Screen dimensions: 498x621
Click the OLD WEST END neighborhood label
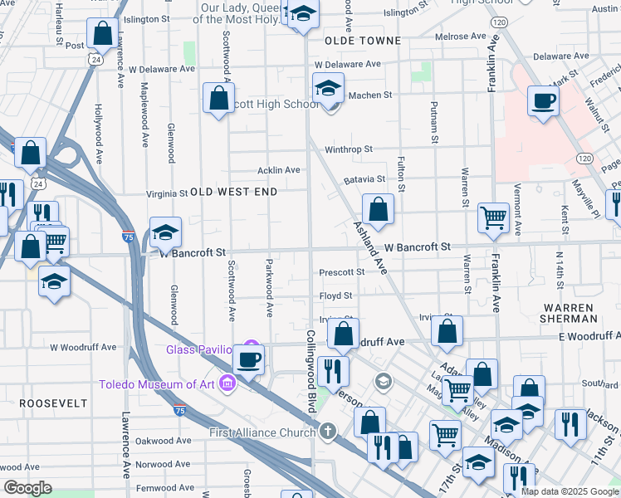tap(233, 192)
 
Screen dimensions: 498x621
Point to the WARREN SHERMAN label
tap(567, 313)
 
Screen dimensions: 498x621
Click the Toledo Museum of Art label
tap(157, 383)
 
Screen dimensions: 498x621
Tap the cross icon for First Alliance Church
tap(328, 432)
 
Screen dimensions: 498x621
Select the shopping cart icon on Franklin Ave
tap(494, 217)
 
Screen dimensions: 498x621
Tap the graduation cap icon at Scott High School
tap(329, 88)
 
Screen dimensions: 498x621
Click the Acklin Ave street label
tap(278, 170)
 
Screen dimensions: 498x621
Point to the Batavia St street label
tap(364, 178)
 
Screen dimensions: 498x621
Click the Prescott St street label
tap(342, 271)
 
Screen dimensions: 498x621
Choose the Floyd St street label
tap(335, 295)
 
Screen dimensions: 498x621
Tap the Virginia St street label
tap(167, 193)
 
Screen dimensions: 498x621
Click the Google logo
tap(28, 489)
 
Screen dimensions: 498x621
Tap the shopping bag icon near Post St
tap(103, 34)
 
